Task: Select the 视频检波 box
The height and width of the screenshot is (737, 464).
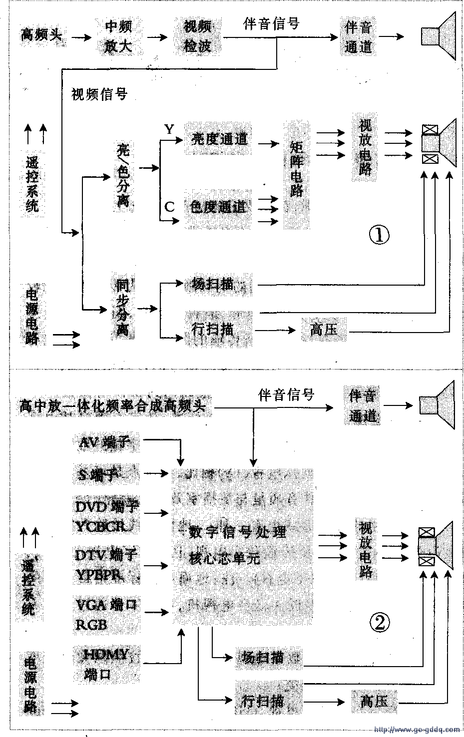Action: click(198, 36)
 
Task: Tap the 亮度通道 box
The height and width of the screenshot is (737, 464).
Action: click(219, 139)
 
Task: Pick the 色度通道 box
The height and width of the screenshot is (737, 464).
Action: click(218, 206)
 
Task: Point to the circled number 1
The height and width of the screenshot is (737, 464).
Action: click(378, 234)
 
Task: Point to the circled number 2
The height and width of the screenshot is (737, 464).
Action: click(378, 622)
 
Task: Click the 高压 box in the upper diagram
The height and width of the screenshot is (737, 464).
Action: click(324, 330)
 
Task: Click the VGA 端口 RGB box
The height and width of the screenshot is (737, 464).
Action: click(105, 614)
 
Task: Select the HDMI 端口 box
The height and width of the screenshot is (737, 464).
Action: click(105, 664)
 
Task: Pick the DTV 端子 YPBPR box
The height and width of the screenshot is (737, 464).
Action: click(105, 565)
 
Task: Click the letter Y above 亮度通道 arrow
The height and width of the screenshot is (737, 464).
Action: click(169, 129)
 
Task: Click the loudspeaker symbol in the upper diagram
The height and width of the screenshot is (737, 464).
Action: click(439, 36)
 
